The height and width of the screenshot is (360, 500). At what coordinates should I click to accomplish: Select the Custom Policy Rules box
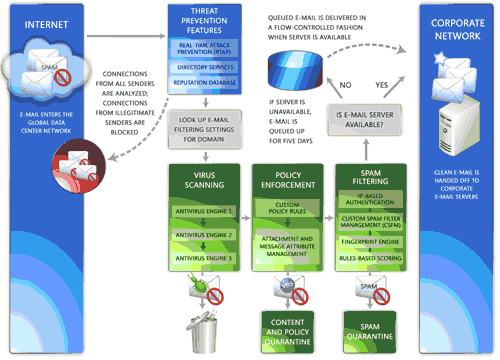[285, 210]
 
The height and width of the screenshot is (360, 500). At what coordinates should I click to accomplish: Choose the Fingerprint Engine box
[369, 240]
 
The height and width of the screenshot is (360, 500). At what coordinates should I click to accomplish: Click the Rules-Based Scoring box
[369, 258]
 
